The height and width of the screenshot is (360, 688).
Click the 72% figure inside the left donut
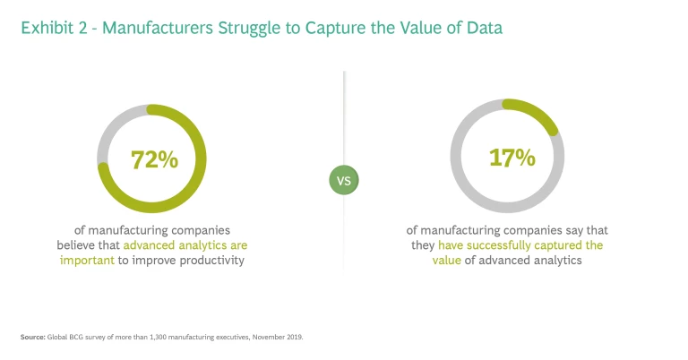(154, 160)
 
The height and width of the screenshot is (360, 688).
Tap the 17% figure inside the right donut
(512, 159)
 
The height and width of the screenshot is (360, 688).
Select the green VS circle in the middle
(343, 180)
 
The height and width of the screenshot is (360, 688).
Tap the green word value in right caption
(425, 261)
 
